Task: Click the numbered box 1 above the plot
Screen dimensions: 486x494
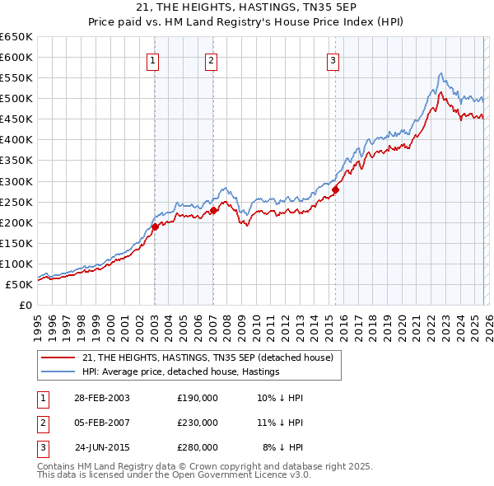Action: (153, 60)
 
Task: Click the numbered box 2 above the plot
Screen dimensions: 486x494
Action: (212, 60)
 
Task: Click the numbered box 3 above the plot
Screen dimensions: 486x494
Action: (333, 60)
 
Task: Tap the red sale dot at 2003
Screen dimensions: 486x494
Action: (155, 227)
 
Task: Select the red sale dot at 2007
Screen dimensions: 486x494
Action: (213, 210)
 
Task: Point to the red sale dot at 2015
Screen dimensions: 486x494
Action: (335, 189)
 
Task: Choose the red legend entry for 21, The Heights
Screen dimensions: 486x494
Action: (207, 357)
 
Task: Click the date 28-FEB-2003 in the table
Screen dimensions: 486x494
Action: (101, 398)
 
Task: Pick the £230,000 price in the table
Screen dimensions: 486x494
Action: (198, 423)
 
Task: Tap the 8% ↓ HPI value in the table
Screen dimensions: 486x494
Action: (283, 447)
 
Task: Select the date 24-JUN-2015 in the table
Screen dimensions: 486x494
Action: (101, 447)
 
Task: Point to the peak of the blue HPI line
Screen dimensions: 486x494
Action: (441, 73)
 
